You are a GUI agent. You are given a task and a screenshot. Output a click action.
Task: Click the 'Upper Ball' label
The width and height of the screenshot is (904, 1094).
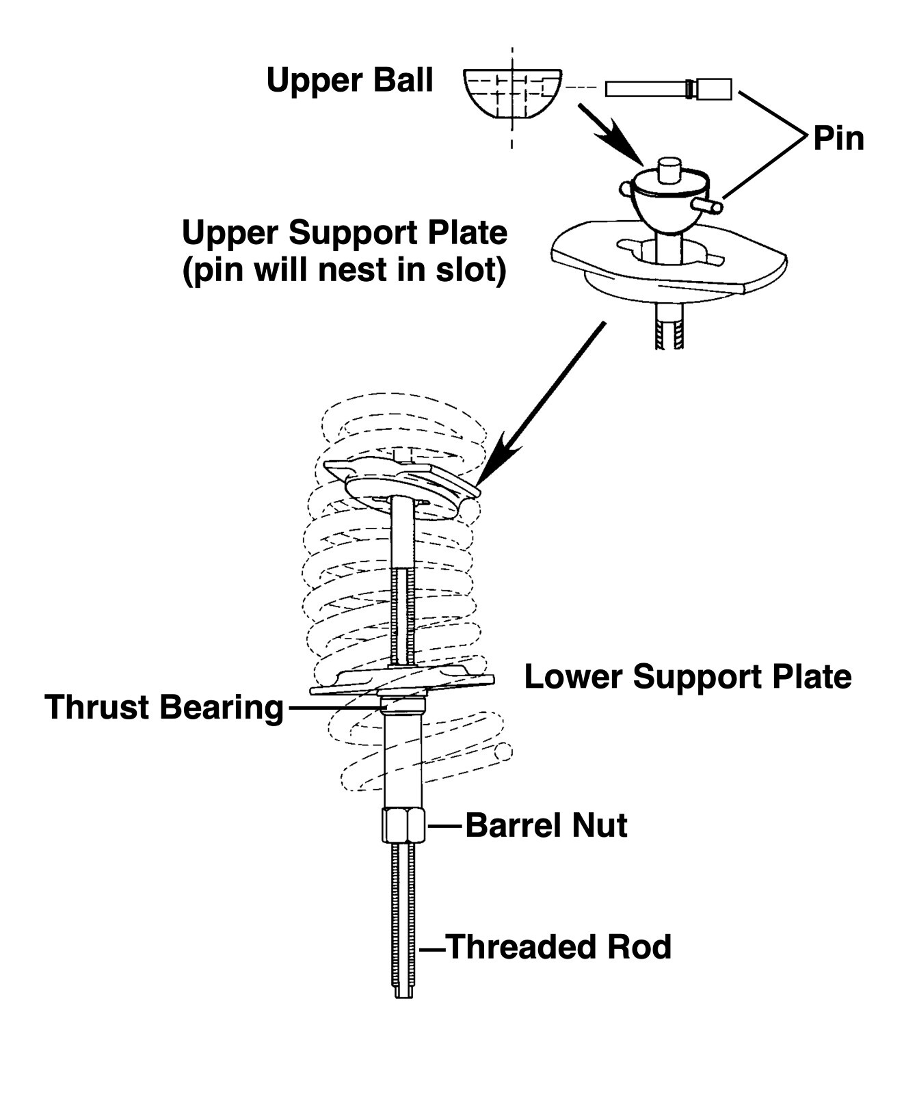point(349,81)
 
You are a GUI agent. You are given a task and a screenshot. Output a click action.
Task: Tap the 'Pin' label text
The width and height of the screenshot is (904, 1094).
point(838,139)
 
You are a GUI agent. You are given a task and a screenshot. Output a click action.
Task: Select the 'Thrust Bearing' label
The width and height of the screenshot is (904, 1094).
point(164,707)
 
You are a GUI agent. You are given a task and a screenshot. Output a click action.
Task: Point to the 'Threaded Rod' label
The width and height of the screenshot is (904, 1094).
point(559,947)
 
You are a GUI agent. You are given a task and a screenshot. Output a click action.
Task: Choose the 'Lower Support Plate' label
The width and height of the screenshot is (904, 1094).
point(688,677)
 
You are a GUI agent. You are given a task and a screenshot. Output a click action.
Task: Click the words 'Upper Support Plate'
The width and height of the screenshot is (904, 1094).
point(345,234)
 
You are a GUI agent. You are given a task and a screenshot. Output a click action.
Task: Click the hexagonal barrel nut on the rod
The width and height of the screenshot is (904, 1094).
point(403,825)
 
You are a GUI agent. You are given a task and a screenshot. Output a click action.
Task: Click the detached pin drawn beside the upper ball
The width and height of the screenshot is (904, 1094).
point(668,89)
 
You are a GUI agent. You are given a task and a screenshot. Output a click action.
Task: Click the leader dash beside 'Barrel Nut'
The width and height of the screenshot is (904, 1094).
point(446,826)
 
